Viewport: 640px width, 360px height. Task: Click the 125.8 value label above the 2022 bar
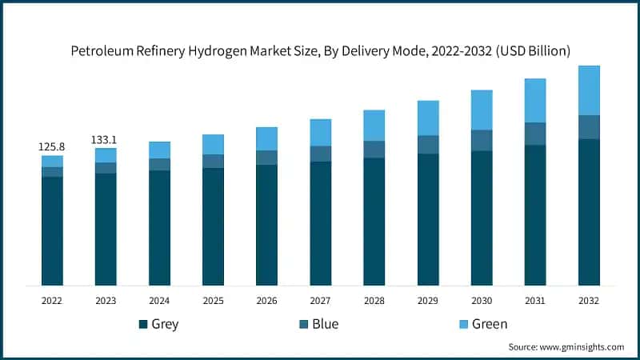[x=52, y=147]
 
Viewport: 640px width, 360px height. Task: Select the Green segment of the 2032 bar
[x=589, y=90]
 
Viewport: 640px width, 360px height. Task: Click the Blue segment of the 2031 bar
[x=535, y=134]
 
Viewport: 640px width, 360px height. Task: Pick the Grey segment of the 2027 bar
[x=320, y=223]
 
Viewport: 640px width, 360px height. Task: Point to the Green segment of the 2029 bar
[x=428, y=118]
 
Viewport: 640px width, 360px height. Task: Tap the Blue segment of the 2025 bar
[x=213, y=161]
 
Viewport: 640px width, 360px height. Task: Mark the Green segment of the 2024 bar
[x=159, y=150]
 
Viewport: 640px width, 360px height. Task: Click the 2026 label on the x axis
[x=266, y=301]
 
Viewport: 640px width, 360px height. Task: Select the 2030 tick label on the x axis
[x=482, y=301]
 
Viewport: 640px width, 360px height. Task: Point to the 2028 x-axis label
[x=374, y=301]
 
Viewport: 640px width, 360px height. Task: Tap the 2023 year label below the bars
[x=106, y=301]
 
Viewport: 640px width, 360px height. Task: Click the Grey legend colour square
[x=143, y=324]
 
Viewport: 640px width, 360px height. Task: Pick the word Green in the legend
[x=489, y=324]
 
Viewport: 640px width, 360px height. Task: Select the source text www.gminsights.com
[x=582, y=347]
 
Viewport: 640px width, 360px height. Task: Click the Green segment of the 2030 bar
[x=482, y=110]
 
